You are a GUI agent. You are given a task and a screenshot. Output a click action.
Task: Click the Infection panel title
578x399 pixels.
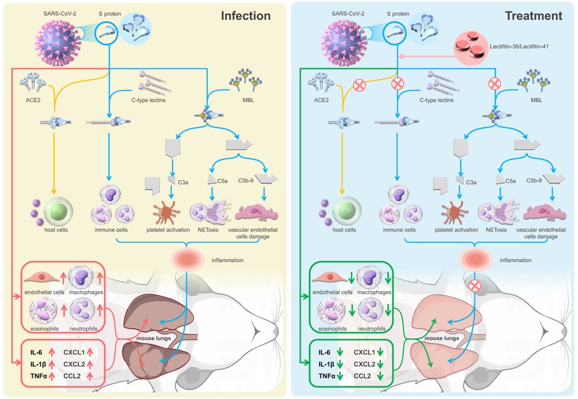[x=245, y=15]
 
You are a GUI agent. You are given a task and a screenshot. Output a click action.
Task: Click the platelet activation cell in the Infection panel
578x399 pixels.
[x=172, y=208]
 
